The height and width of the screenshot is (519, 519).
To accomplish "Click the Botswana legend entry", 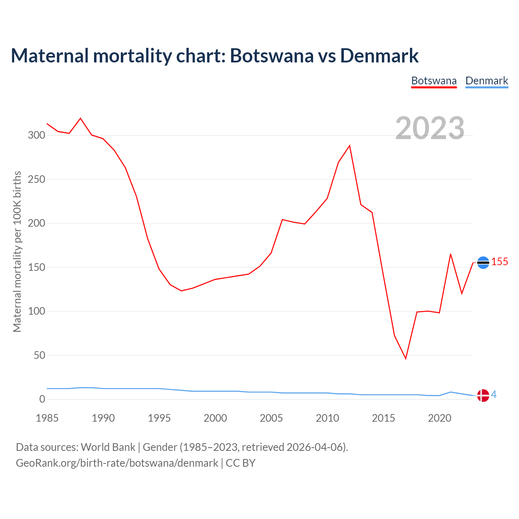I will (x=434, y=81).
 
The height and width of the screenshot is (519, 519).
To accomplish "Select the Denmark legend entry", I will (x=487, y=81).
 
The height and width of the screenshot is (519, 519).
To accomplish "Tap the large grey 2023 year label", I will (x=430, y=128).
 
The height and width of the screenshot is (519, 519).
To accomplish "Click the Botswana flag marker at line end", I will (x=483, y=263).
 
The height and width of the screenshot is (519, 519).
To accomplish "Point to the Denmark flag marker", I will (x=483, y=395).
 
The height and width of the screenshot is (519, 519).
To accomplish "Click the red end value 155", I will (x=500, y=262).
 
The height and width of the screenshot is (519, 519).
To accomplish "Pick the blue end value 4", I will (x=494, y=395).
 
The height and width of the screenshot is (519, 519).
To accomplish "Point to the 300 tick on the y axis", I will (x=36, y=135).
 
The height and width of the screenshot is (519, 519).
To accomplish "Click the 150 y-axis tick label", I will (x=36, y=267).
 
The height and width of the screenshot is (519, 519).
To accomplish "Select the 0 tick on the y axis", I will (x=42, y=399).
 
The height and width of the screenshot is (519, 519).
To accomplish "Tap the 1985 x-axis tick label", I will (x=47, y=418).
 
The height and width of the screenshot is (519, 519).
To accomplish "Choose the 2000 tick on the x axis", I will (x=215, y=418).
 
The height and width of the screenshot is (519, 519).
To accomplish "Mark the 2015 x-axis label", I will (x=383, y=418).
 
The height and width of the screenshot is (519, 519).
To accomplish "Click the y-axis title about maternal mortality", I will (x=17, y=251).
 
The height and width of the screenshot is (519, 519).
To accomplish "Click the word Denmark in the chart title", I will (x=379, y=56).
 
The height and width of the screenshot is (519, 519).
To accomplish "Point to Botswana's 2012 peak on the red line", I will (x=350, y=146).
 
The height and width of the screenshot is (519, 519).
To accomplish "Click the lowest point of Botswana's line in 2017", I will (x=405, y=358).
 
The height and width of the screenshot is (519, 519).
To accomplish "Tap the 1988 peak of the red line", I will (x=81, y=118).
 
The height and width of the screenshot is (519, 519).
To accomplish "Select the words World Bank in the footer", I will (x=108, y=447).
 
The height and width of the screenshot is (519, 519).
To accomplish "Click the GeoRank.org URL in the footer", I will (x=117, y=463).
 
